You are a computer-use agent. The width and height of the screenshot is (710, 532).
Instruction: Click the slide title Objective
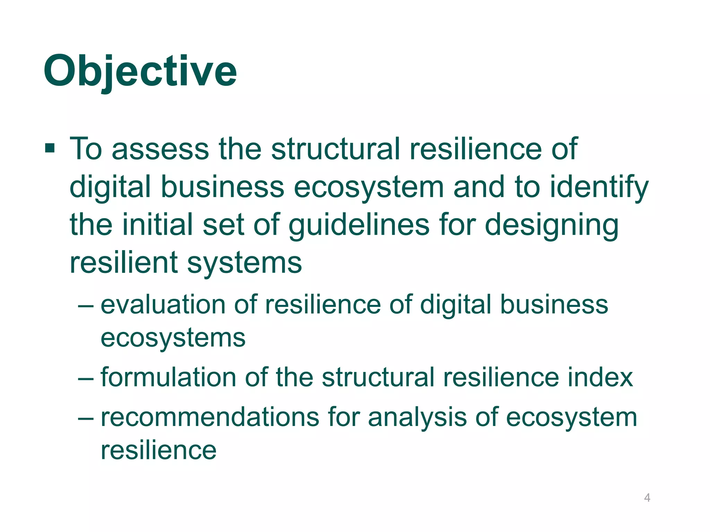pos(140,72)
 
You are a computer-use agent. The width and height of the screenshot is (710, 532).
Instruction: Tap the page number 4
pos(647,498)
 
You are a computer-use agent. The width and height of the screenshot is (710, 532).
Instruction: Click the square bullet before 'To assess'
pos(50,149)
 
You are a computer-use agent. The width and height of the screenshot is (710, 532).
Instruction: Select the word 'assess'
pos(160,149)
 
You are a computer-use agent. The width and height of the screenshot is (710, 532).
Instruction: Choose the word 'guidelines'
pos(359,225)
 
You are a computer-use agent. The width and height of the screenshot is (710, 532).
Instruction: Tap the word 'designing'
pos(551,225)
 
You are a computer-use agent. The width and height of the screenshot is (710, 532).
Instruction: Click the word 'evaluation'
pos(163,305)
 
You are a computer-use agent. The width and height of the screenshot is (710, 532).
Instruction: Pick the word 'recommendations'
pos(210,417)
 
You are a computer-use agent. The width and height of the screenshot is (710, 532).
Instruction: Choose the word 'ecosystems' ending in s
pos(173,338)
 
